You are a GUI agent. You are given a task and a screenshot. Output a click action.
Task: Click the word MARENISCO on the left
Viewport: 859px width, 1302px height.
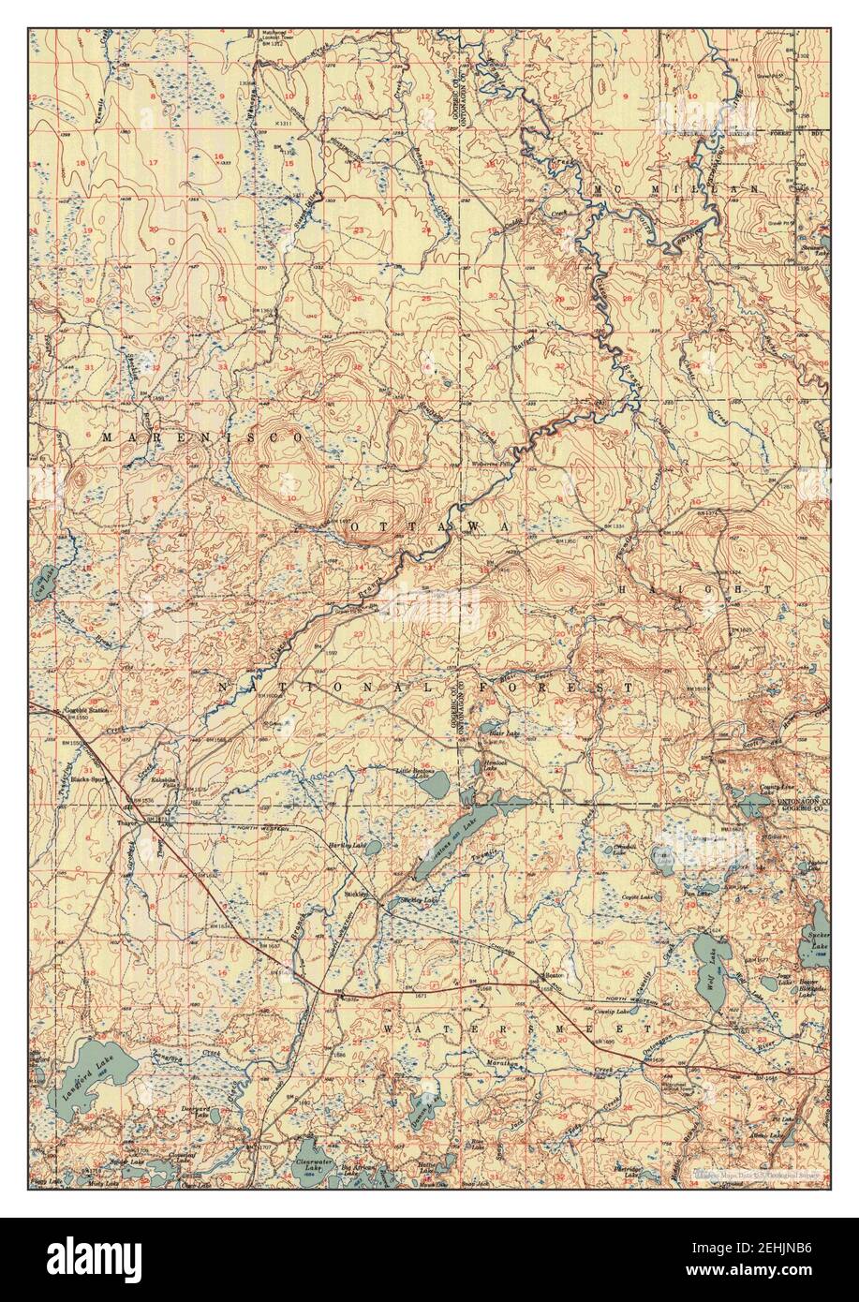click(x=202, y=437)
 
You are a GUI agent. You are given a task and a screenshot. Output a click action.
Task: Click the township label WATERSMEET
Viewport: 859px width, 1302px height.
click(x=516, y=1028)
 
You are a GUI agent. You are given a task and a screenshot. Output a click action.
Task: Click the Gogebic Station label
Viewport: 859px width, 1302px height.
click(x=87, y=713)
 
